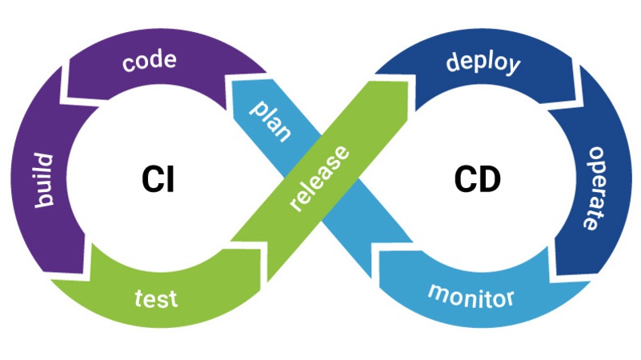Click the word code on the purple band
pyautogui.click(x=150, y=62)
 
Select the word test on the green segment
pyautogui.click(x=156, y=299)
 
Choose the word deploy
pyautogui.click(x=483, y=62)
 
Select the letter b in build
pyautogui.click(x=50, y=200)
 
